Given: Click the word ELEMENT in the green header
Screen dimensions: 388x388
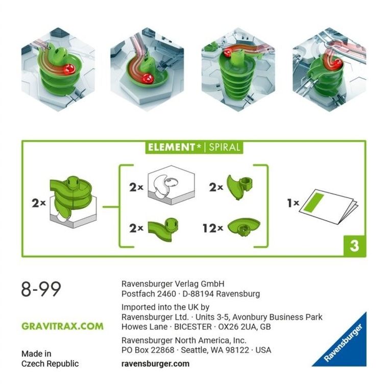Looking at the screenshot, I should click(x=171, y=148).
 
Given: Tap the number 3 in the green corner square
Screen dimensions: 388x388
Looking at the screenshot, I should click(x=354, y=246).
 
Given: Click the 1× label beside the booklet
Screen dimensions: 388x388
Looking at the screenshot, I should click(x=293, y=203).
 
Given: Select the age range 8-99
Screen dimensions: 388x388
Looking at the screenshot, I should click(x=41, y=289).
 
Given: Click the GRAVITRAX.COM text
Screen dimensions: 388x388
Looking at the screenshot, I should click(x=62, y=326).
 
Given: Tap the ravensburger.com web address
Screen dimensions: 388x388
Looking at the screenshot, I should click(x=155, y=364).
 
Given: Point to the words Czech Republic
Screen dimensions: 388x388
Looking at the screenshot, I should click(x=50, y=363).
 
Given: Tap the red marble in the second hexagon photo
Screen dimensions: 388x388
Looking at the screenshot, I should click(x=148, y=78).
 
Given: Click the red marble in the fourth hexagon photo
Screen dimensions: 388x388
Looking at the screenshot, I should click(x=338, y=63).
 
